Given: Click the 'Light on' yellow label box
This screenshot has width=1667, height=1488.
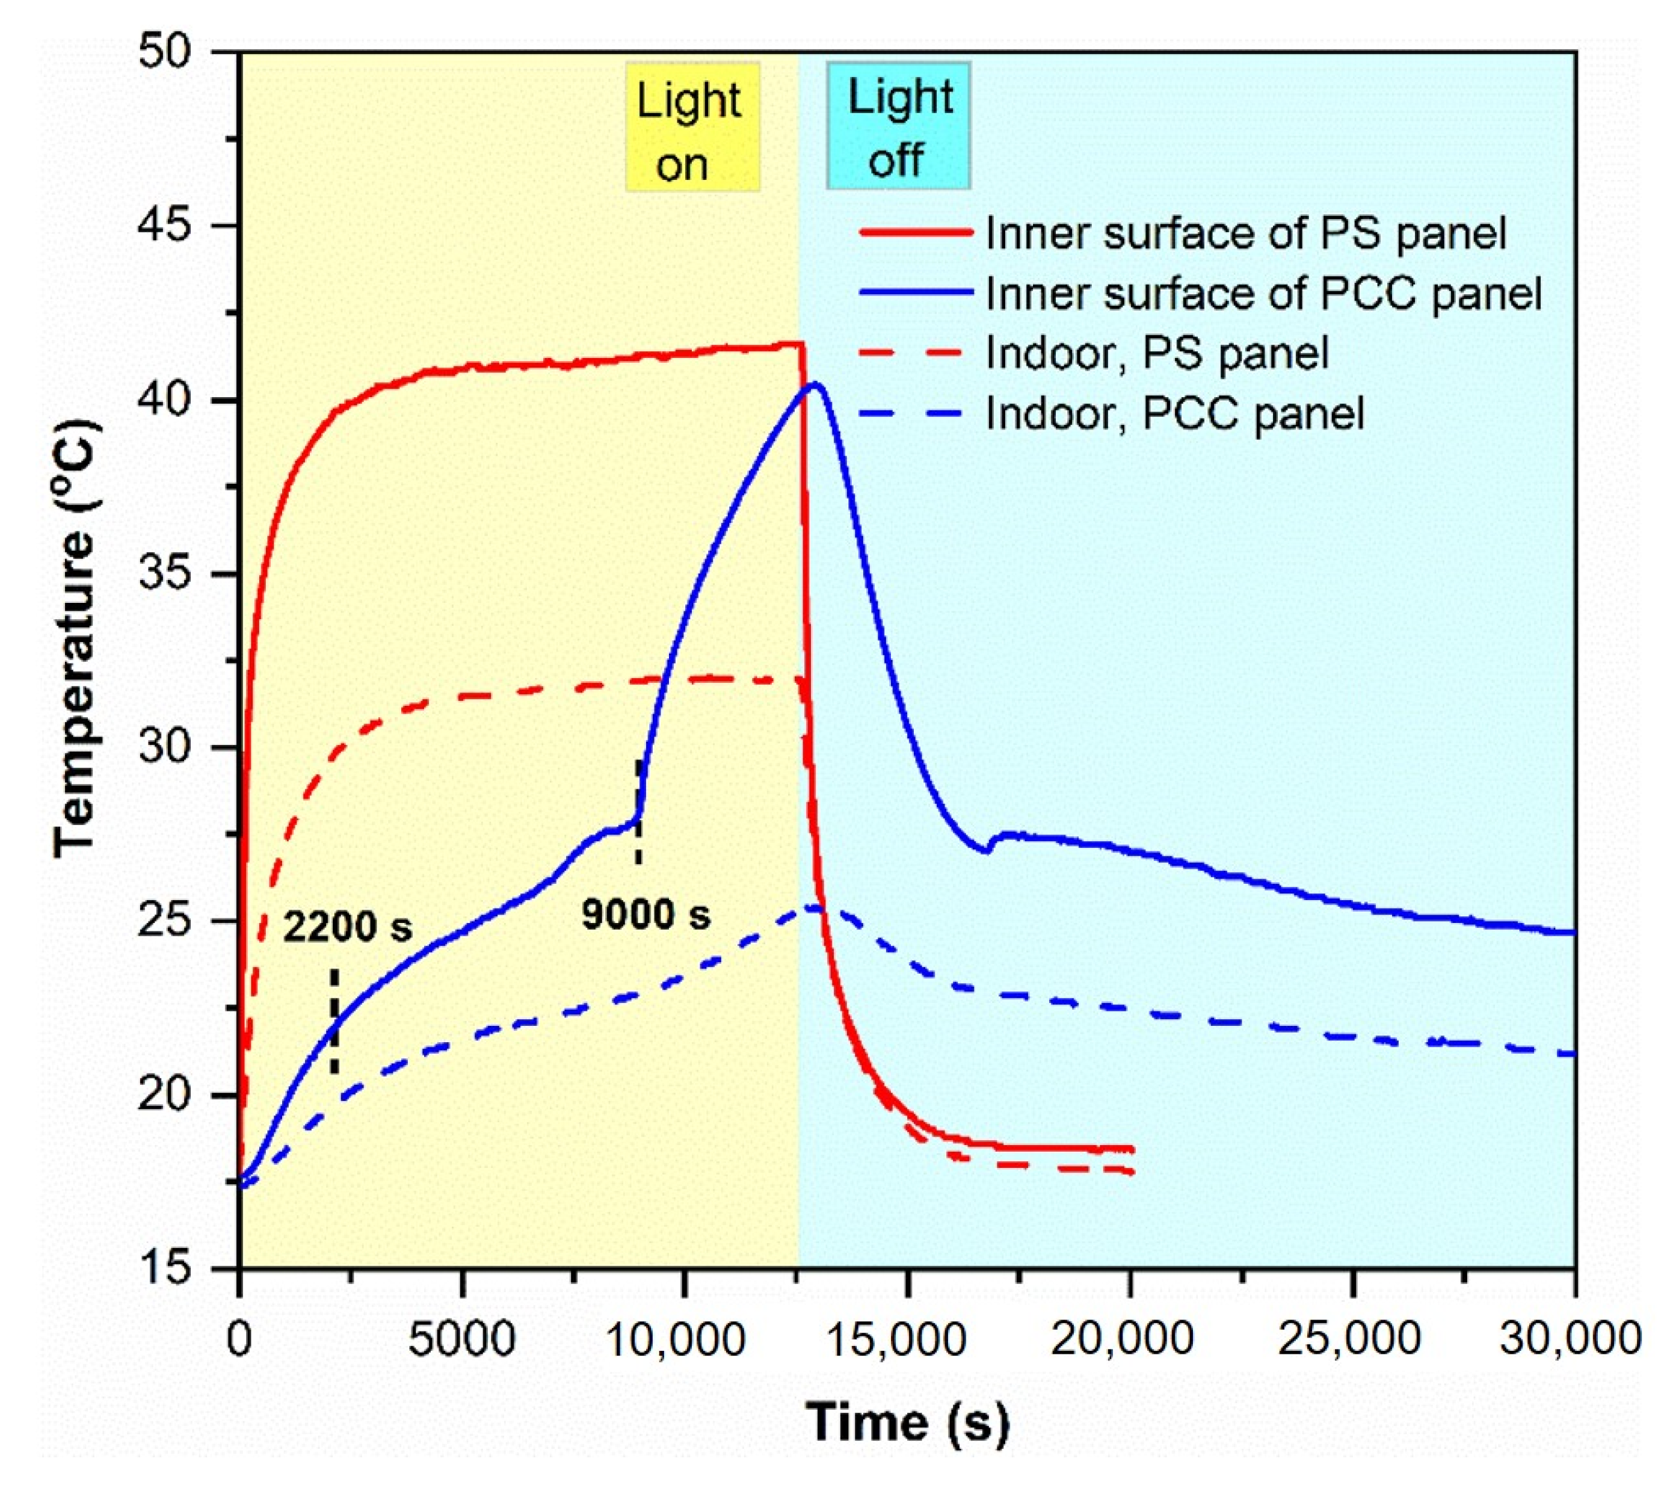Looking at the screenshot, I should (692, 128).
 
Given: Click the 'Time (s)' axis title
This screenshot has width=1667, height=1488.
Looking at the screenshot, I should (907, 1422).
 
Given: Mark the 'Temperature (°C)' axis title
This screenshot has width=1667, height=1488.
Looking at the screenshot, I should (78, 638).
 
